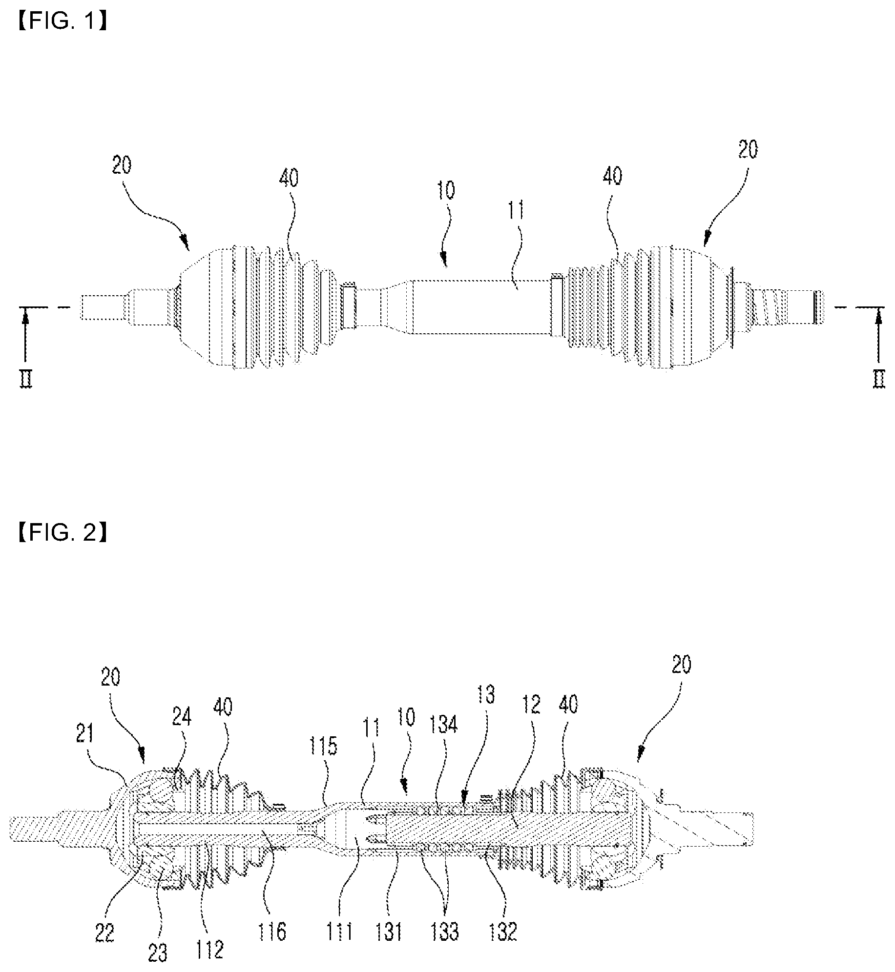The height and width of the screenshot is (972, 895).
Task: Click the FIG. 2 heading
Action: click(62, 533)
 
